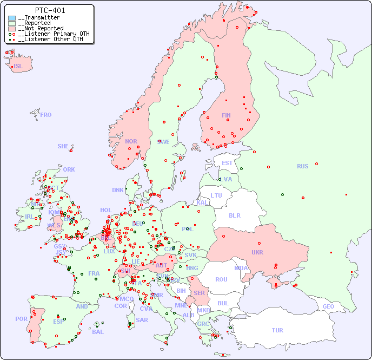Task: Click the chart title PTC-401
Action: (x=50, y=10)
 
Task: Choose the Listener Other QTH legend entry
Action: (x=49, y=39)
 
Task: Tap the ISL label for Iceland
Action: (x=18, y=67)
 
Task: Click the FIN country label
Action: (x=226, y=115)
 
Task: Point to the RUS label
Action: (x=302, y=166)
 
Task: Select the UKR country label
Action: (x=257, y=252)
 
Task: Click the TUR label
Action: (x=277, y=330)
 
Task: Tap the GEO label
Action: (x=328, y=306)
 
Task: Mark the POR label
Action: (x=21, y=319)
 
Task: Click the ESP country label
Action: (x=58, y=322)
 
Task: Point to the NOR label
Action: (x=131, y=141)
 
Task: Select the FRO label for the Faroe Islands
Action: (x=46, y=115)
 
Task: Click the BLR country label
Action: (x=234, y=215)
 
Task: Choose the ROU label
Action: (x=221, y=279)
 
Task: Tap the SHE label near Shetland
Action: (x=63, y=146)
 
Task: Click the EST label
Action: (x=227, y=163)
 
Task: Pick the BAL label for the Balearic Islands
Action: (x=97, y=332)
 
